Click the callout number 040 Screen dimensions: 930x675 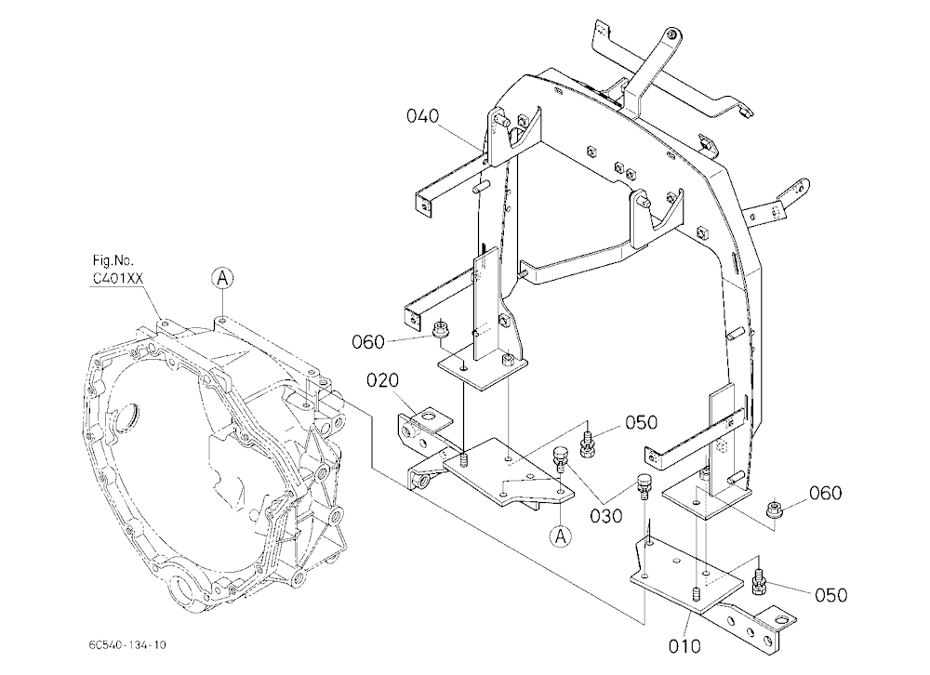(422, 115)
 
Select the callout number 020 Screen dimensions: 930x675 (382, 380)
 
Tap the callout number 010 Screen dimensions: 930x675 (684, 646)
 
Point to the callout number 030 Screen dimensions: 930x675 (606, 515)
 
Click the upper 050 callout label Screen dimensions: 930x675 (641, 422)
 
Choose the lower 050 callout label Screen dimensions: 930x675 (830, 595)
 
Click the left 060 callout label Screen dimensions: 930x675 (368, 342)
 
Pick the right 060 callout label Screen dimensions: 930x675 (825, 493)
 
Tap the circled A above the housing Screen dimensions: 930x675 (222, 278)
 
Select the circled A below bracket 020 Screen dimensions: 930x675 (560, 536)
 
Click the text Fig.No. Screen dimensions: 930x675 (113, 260)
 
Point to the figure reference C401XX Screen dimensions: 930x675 (118, 278)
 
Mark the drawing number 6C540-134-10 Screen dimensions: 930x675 (126, 644)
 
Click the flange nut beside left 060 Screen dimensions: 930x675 (440, 329)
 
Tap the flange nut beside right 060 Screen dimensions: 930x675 (774, 508)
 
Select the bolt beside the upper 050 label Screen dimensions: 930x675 (587, 444)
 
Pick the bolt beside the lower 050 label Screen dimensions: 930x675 (758, 582)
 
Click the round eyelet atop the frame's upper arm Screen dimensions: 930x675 (671, 34)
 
